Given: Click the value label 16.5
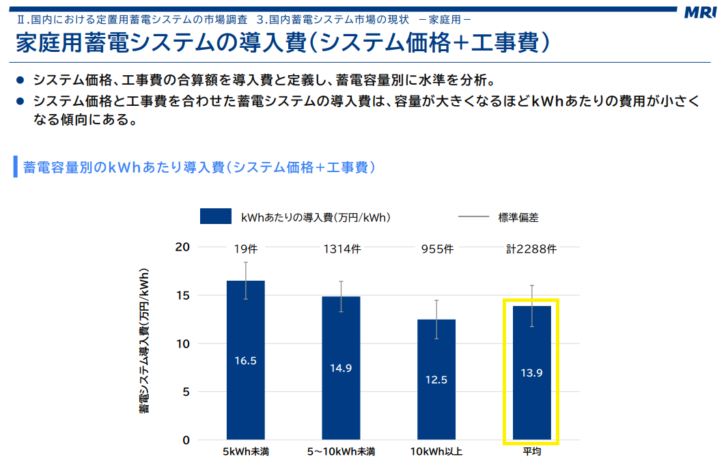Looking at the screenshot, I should point(245,361).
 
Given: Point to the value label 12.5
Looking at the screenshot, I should point(436,380).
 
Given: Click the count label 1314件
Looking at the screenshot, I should point(341,249).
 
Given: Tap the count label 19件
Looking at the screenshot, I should point(245,249).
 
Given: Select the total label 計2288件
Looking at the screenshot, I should point(531,249).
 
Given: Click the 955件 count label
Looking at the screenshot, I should point(437,249).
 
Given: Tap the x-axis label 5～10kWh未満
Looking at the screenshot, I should point(341,452).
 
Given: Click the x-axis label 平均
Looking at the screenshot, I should point(531,452).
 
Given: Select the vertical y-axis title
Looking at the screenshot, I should point(145,341).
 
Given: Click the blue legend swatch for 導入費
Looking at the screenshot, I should point(217,217).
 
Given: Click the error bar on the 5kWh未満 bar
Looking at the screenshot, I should point(245,271).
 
